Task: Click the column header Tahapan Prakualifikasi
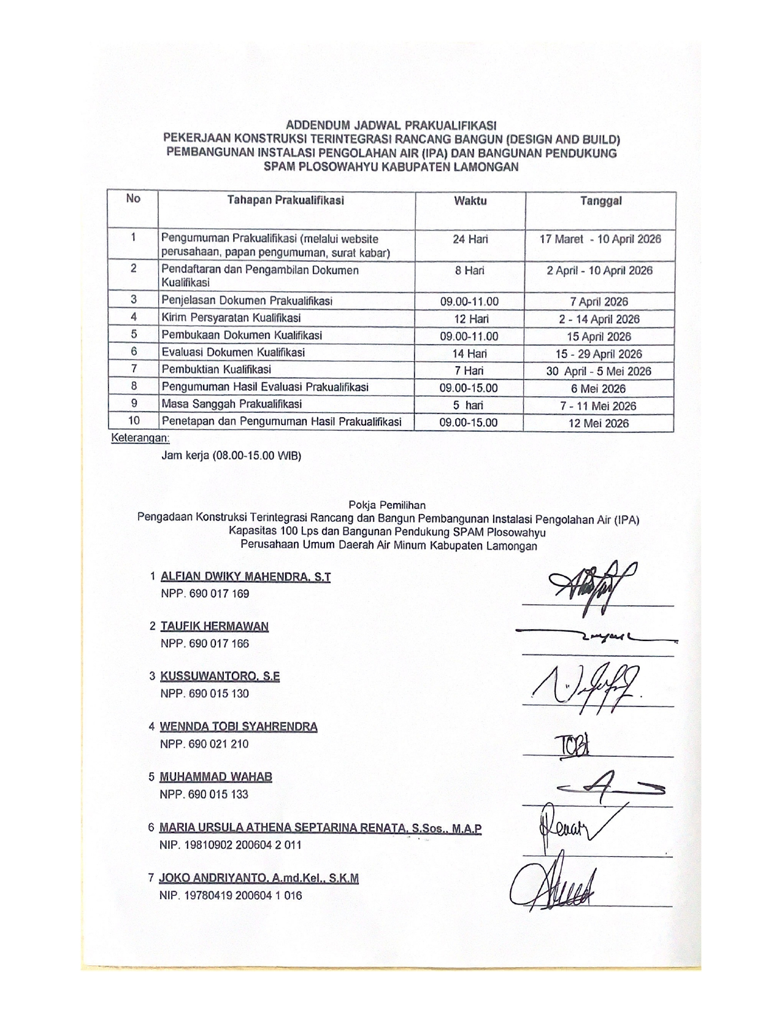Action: point(285,201)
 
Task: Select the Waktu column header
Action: point(470,201)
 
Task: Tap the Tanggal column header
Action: point(600,201)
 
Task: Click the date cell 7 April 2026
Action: point(599,302)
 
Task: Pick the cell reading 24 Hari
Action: point(470,239)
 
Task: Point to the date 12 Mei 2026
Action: point(599,423)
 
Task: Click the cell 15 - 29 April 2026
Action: point(599,354)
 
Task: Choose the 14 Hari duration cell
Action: point(469,353)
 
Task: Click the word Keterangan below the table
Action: point(140,439)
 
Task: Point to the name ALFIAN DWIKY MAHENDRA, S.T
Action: point(245,577)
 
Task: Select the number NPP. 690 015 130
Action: point(205,694)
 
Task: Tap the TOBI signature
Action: point(572,745)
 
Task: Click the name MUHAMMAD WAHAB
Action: point(216,777)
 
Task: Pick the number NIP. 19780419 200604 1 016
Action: point(231,895)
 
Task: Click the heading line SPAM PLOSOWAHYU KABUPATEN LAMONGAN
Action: point(391,167)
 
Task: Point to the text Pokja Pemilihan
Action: point(387,505)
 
